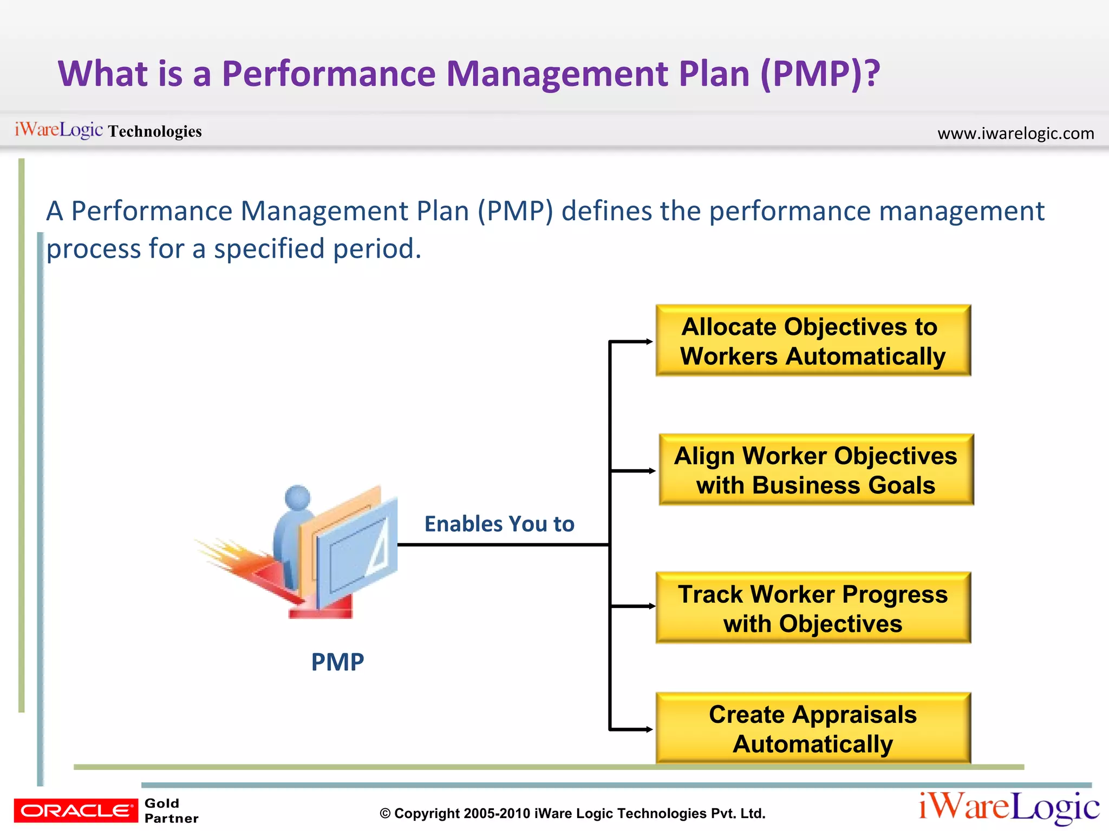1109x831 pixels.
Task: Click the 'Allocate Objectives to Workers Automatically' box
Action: click(x=813, y=341)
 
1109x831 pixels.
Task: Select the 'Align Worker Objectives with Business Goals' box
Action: click(x=816, y=470)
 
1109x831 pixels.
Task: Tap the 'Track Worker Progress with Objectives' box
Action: click(x=813, y=608)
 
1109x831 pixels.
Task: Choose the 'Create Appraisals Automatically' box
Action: click(x=813, y=728)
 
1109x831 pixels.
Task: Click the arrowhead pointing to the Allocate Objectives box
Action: click(x=649, y=341)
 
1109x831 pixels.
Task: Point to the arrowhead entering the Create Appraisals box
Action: click(x=649, y=729)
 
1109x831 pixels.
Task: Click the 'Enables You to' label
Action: click(x=499, y=524)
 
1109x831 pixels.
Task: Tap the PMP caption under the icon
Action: click(x=337, y=662)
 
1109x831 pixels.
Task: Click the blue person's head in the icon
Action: click(x=298, y=497)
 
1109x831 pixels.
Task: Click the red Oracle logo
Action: click(x=76, y=810)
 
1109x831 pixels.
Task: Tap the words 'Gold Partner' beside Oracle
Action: click(x=171, y=810)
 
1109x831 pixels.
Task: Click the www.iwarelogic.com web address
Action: click(x=1015, y=133)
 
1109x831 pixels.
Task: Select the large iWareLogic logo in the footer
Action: click(x=1009, y=807)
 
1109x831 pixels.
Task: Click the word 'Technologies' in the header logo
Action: click(x=154, y=131)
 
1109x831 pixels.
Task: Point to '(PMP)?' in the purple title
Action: click(x=820, y=74)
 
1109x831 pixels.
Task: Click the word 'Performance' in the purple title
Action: click(x=329, y=74)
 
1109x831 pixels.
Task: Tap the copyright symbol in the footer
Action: click(x=385, y=814)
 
